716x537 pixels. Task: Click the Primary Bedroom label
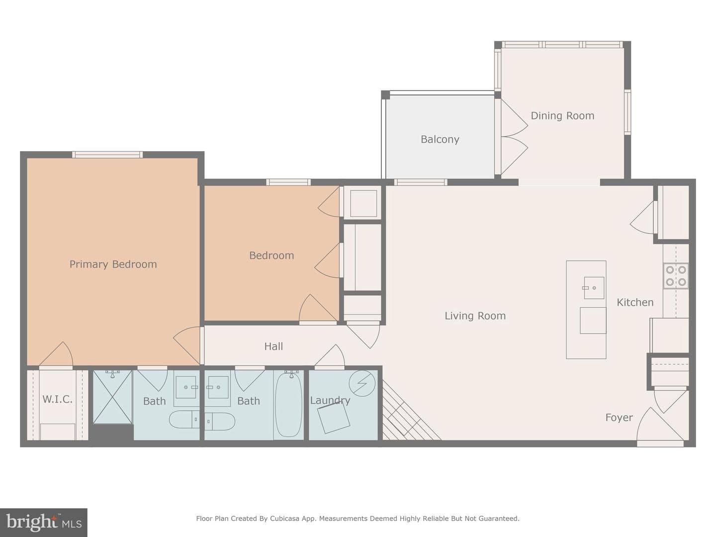click(113, 264)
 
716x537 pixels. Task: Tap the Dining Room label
click(562, 116)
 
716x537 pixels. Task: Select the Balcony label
click(440, 140)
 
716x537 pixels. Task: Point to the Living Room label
click(475, 316)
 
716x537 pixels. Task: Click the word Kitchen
click(635, 302)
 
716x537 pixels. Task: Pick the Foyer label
click(619, 417)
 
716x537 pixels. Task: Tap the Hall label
click(273, 346)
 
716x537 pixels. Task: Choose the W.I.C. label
click(57, 399)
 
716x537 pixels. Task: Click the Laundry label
click(330, 400)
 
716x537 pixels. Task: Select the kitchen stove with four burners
click(676, 276)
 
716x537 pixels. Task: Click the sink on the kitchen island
click(593, 288)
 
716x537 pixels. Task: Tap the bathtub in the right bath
click(289, 405)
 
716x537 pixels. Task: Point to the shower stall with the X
click(112, 397)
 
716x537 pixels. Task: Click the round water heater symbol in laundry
click(362, 383)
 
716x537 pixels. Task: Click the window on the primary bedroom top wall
click(107, 155)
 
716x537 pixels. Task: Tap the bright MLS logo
click(44, 523)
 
